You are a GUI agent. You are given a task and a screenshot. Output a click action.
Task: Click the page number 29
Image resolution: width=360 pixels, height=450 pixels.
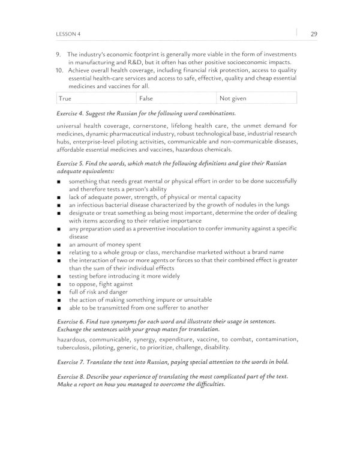point(314,34)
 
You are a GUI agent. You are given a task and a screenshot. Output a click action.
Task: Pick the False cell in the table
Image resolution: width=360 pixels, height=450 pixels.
point(176,97)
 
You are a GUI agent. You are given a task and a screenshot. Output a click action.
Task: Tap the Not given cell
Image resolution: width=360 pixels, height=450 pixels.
point(258,97)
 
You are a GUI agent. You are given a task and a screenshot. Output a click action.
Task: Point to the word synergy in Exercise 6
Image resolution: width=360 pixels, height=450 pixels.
point(151,339)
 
